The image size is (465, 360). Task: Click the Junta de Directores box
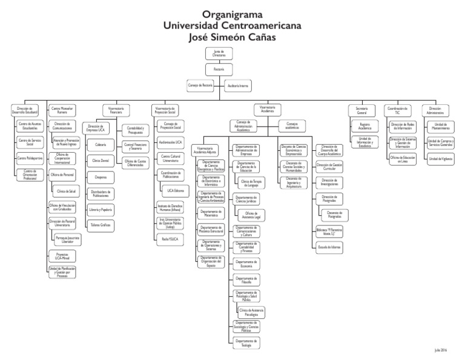(219, 54)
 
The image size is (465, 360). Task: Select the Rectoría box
(219, 69)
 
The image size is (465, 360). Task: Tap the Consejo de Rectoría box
(200, 85)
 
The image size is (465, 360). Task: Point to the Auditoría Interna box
(237, 85)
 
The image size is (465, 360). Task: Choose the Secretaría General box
(361, 110)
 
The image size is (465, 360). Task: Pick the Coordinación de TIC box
(397, 110)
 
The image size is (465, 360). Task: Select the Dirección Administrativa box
(435, 110)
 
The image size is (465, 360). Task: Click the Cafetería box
(101, 145)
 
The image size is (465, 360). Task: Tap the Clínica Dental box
(101, 161)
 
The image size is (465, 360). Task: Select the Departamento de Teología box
(246, 343)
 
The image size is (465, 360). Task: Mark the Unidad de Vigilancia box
(441, 159)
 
